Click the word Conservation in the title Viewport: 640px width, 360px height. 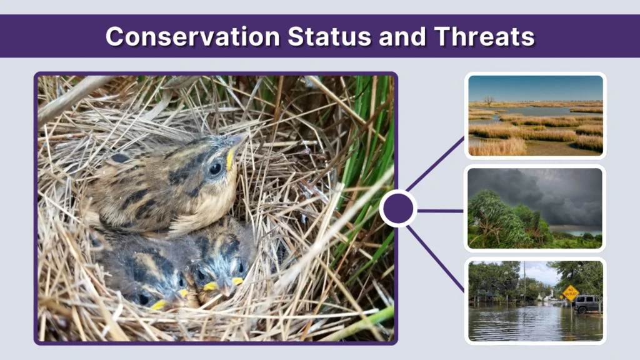(193, 36)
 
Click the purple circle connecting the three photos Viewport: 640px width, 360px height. (398, 208)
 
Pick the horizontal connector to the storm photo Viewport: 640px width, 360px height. (440, 211)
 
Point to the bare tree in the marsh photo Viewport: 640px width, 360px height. (487, 100)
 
